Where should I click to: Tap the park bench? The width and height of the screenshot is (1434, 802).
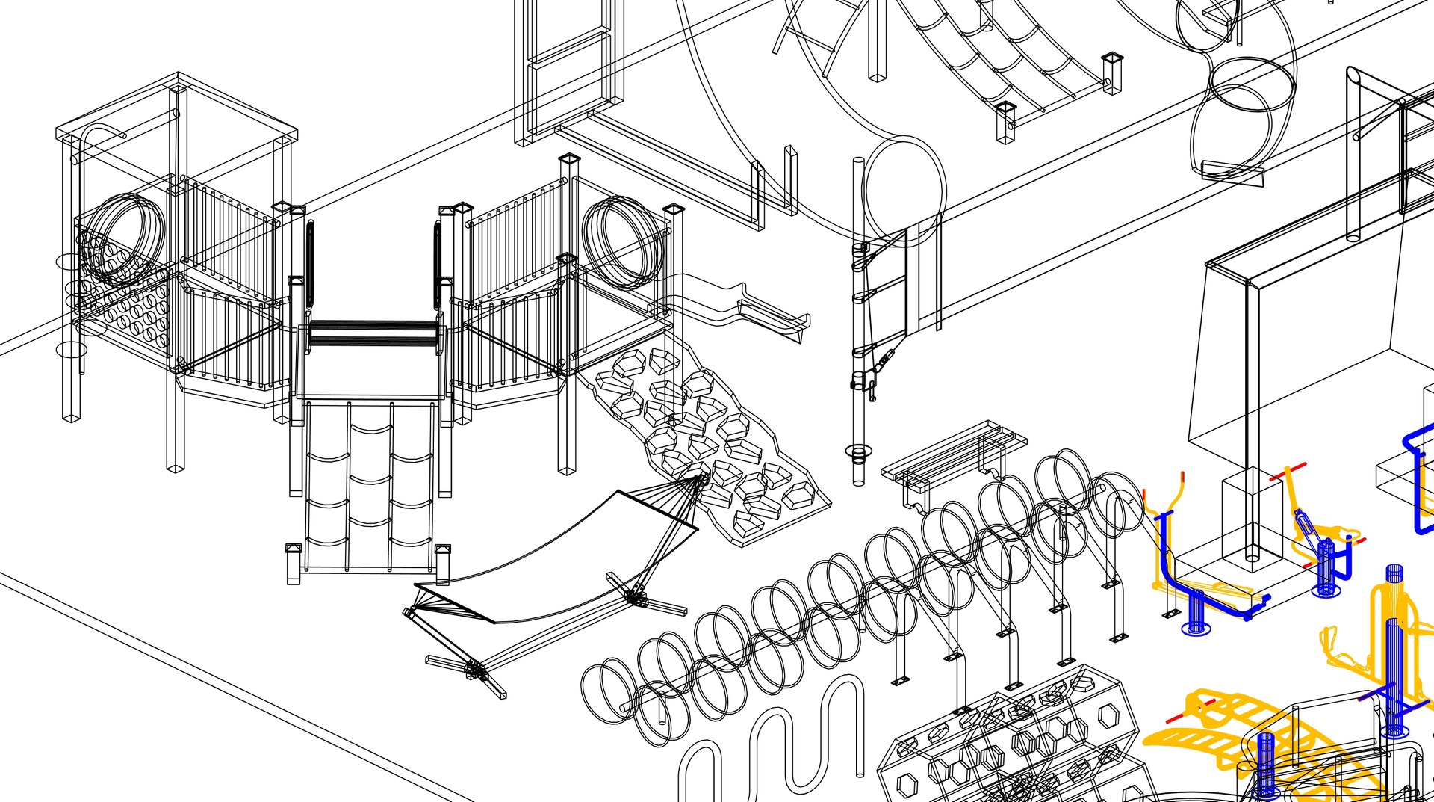952,452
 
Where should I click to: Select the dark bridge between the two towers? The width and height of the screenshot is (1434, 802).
373,333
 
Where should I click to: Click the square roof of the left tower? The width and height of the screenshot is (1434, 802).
177,105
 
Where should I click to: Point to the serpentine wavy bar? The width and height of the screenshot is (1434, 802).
777,740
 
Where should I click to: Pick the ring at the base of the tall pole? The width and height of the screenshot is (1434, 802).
858,451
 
